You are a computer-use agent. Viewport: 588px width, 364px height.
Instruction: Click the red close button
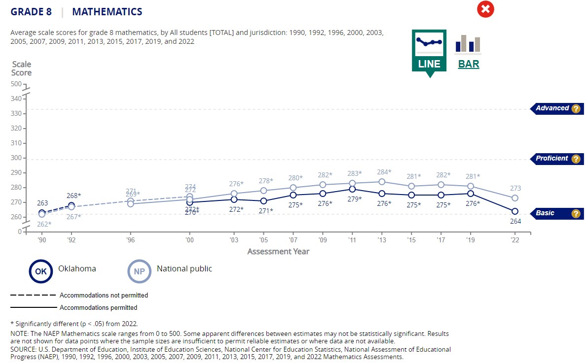[x=485, y=9]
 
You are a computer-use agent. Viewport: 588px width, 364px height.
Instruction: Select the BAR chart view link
[x=468, y=64]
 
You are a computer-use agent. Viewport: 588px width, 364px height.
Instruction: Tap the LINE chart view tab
[x=429, y=51]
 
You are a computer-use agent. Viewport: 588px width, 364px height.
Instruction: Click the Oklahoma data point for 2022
[x=514, y=211]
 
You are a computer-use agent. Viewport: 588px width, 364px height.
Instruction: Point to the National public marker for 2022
[x=514, y=198]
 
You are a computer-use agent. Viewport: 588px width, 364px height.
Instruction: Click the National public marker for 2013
[x=382, y=182]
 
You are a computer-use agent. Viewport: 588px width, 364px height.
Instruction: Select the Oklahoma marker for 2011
[x=352, y=189]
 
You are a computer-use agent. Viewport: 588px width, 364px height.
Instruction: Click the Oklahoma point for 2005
[x=263, y=201]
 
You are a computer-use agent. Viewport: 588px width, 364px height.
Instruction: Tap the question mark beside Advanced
[x=575, y=109]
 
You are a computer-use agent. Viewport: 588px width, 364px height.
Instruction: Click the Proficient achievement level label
[x=552, y=159]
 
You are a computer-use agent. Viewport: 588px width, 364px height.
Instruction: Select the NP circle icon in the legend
[x=140, y=271]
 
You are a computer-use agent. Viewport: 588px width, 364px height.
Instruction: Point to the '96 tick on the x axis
[x=130, y=241]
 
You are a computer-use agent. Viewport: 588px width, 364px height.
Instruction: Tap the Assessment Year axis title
[x=278, y=252]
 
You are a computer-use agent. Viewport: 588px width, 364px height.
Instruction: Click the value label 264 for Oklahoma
[x=514, y=222]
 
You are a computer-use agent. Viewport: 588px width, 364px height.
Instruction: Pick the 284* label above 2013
[x=384, y=172]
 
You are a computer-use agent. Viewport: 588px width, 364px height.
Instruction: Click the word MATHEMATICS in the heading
[x=107, y=12]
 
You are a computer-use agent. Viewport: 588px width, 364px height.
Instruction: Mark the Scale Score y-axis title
[x=21, y=68]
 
